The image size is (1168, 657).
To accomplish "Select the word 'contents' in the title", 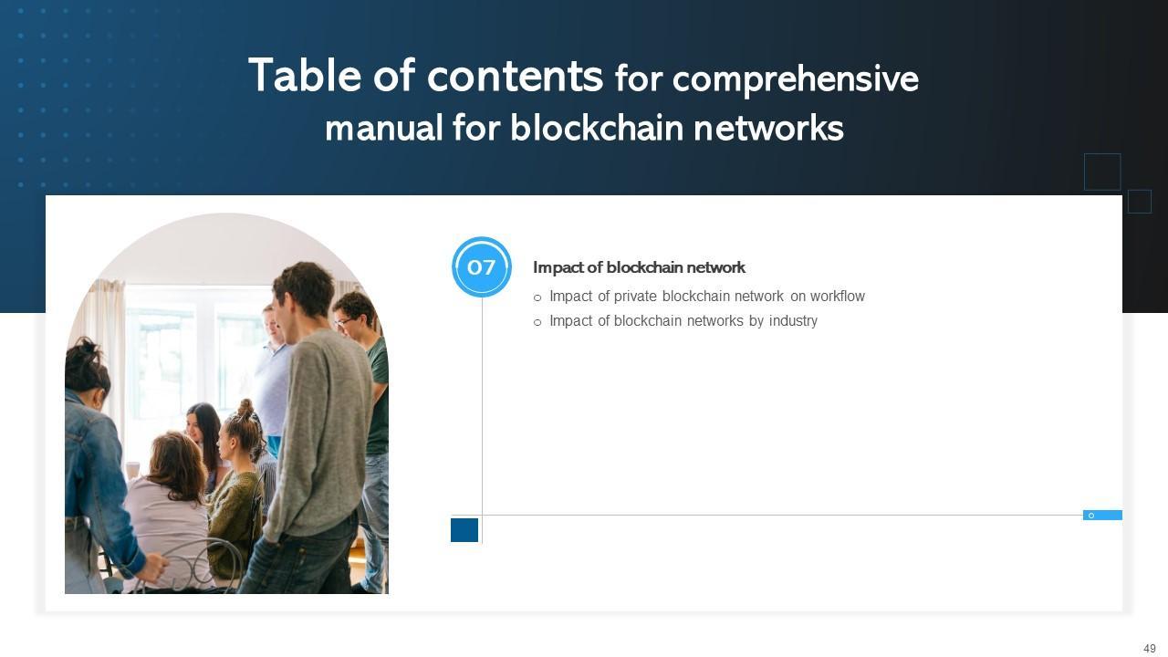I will click(x=515, y=76).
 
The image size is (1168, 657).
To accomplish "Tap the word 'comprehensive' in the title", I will click(x=795, y=80).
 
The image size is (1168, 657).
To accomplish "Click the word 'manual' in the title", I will click(x=383, y=128).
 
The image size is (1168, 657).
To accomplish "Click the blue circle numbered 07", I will click(x=482, y=267).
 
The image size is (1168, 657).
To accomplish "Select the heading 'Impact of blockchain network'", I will click(x=639, y=267).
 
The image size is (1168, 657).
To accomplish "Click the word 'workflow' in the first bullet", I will click(x=837, y=297).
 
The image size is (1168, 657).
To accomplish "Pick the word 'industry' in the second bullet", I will click(x=793, y=321).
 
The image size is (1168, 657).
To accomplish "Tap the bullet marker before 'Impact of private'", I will click(x=537, y=297).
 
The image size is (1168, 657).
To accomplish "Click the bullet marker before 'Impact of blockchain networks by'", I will click(x=537, y=322).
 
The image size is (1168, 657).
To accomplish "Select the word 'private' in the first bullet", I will click(x=635, y=297).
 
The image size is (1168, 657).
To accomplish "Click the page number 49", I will click(x=1149, y=649).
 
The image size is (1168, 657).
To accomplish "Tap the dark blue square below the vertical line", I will click(x=464, y=530).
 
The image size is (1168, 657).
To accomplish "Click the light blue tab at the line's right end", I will click(x=1102, y=516).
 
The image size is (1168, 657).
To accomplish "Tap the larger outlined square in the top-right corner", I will click(x=1102, y=172).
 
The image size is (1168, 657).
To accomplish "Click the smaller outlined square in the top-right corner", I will click(x=1140, y=202).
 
